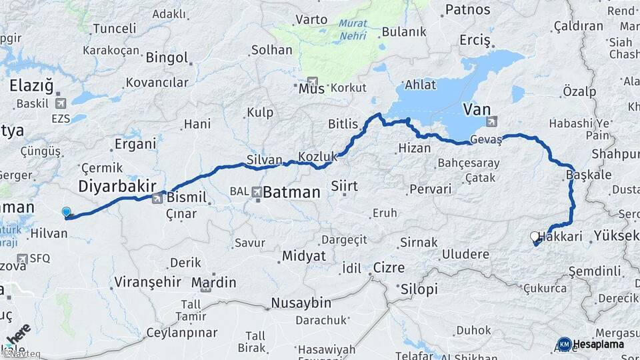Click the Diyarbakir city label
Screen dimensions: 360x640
click(117, 185)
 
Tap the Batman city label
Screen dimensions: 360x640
click(291, 193)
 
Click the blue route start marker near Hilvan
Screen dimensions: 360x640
click(66, 213)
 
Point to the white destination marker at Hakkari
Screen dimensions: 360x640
click(534, 237)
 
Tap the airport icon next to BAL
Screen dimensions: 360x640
click(257, 192)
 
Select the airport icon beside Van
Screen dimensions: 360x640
click(492, 121)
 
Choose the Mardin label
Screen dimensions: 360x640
click(213, 283)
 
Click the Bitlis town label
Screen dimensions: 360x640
click(343, 124)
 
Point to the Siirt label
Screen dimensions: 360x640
click(345, 186)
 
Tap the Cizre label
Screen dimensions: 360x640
click(389, 267)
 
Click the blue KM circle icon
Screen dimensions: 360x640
click(564, 344)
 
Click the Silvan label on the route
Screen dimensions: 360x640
click(261, 160)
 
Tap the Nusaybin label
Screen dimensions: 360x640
click(301, 303)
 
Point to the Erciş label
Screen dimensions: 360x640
click(475, 41)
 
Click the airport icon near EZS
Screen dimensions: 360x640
click(62, 103)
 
